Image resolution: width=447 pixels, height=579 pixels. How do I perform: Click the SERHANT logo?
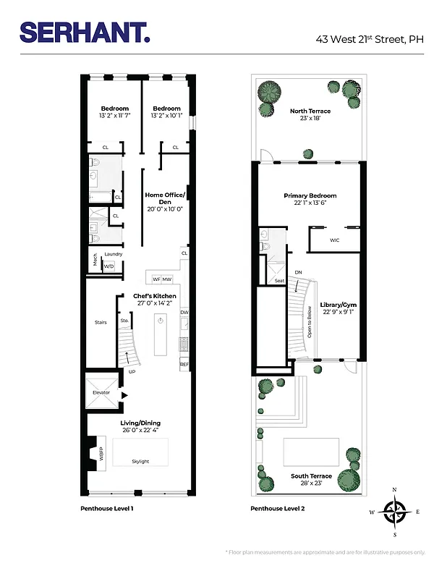point(84,32)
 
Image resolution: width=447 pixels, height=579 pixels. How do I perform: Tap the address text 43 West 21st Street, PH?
point(369,40)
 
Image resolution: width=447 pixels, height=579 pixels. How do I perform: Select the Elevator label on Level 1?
point(101,392)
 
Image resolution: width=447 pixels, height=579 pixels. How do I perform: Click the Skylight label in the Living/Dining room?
point(140,461)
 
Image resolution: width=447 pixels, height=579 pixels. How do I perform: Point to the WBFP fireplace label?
point(101,455)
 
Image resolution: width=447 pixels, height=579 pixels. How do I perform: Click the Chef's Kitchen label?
point(154,296)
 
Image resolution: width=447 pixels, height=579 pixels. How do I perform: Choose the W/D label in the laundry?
point(109,266)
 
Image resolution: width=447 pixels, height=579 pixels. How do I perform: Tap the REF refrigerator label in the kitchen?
point(184,364)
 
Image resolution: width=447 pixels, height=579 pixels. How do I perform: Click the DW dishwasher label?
point(184,313)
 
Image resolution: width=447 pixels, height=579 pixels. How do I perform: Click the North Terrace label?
point(310,111)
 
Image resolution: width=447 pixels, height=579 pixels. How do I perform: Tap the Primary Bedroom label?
point(310,195)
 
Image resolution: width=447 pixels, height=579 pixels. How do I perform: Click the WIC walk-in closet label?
point(334,240)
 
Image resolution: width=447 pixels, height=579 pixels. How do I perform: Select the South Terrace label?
point(311,476)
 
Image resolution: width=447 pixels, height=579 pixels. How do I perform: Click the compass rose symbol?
point(394,512)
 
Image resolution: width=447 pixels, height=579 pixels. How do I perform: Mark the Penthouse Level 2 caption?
point(277,509)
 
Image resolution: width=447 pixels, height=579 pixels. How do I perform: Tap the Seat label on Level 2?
point(279,281)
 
